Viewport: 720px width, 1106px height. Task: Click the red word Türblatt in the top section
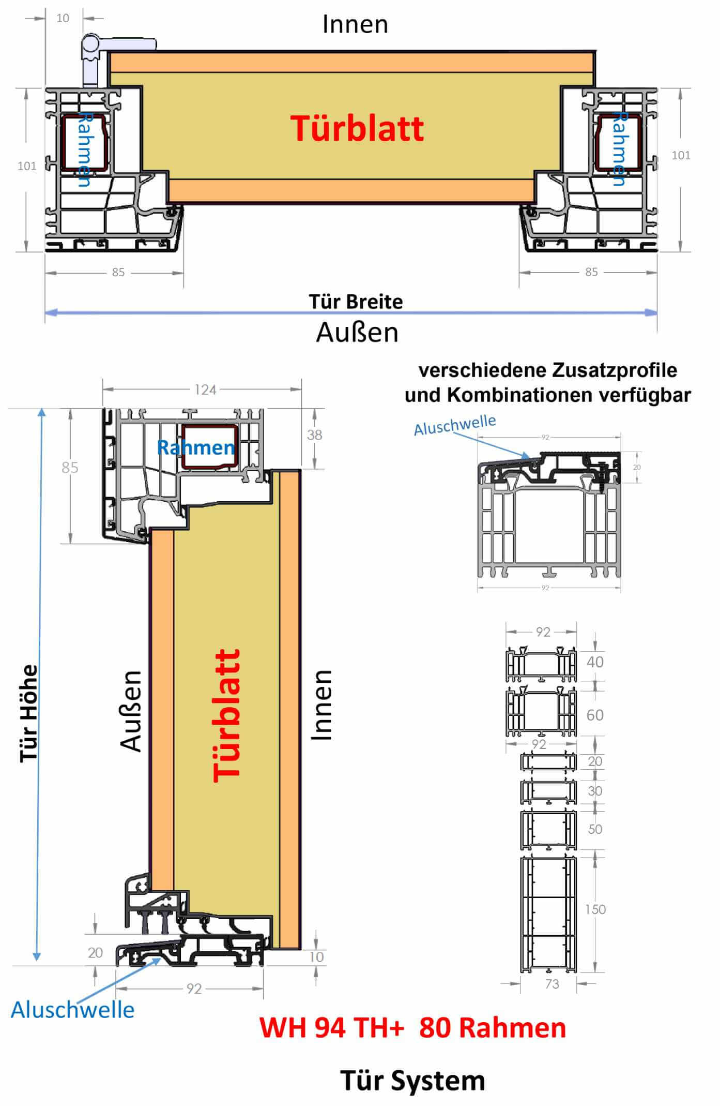click(357, 128)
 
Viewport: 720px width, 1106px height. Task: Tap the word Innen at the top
click(355, 25)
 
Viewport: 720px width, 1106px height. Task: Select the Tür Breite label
click(356, 302)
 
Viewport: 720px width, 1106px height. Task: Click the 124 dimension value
click(205, 390)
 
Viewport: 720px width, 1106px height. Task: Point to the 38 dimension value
click(314, 435)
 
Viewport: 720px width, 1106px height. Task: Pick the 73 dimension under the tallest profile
click(552, 984)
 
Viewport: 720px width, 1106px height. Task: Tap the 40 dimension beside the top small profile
click(595, 662)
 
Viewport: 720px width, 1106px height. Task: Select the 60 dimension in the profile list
click(595, 715)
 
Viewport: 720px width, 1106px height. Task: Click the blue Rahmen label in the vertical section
click(195, 447)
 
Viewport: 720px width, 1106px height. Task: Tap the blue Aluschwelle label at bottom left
click(72, 1010)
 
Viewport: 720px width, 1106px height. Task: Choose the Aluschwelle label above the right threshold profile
click(455, 424)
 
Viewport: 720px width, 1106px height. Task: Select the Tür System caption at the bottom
click(412, 1081)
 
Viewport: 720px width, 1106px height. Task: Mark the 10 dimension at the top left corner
click(63, 18)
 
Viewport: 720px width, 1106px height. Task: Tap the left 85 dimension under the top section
click(118, 272)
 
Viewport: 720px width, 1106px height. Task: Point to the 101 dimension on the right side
click(681, 155)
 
